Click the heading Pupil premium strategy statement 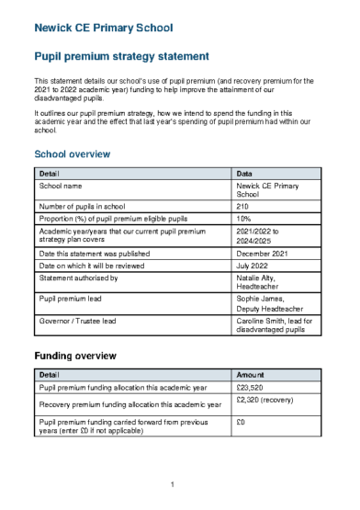tap(121, 57)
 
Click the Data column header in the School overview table tap(245, 172)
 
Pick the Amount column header tap(251, 376)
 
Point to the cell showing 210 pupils tap(243, 207)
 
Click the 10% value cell tap(243, 219)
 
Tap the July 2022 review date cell tap(254, 265)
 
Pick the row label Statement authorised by tap(78, 277)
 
